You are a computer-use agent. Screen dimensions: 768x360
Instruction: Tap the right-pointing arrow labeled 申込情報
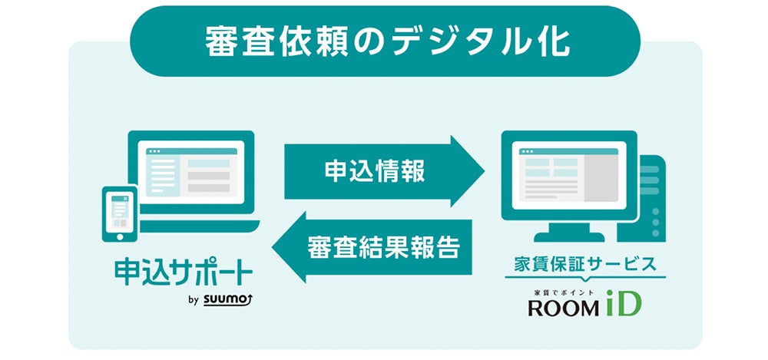click(384, 171)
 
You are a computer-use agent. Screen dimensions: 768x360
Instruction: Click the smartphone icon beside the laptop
click(120, 211)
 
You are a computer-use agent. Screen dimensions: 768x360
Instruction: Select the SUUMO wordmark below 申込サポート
click(229, 299)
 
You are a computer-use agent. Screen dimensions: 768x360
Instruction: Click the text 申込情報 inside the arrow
click(373, 171)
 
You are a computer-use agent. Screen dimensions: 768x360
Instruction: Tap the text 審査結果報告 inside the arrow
click(384, 247)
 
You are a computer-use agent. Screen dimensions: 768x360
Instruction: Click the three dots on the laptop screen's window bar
click(155, 151)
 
